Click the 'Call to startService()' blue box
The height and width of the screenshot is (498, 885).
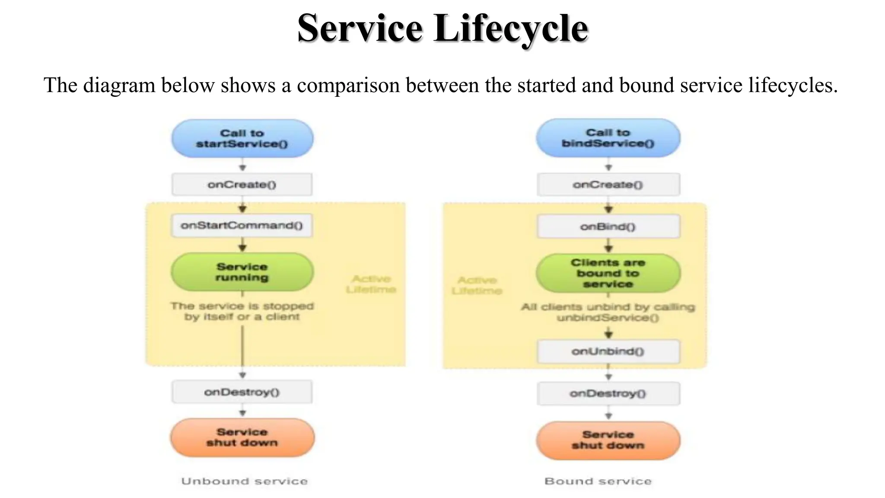[242, 138]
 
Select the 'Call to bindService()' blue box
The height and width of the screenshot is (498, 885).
[608, 138]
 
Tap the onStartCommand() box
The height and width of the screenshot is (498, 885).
[242, 225]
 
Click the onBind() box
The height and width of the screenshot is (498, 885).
[608, 227]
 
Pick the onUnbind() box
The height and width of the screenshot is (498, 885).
[608, 351]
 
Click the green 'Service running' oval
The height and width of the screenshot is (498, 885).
[242, 272]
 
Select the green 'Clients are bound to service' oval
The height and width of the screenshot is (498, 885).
[608, 273]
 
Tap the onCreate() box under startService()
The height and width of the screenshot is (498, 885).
[242, 185]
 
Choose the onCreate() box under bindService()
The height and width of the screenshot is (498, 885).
[608, 185]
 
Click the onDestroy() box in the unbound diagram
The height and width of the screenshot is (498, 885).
[242, 392]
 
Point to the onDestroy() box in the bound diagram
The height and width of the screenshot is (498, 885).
[608, 393]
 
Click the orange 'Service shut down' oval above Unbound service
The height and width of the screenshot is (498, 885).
[242, 437]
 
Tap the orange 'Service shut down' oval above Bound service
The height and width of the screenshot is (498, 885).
[608, 440]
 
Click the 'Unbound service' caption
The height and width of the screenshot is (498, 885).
[245, 481]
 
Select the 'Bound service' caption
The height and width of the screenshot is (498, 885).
[598, 481]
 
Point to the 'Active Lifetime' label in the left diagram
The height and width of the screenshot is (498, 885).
[371, 284]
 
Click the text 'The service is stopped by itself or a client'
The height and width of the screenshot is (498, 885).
[242, 311]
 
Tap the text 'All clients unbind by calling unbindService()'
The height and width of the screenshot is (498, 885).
[608, 312]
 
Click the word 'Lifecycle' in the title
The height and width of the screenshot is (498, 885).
[511, 29]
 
